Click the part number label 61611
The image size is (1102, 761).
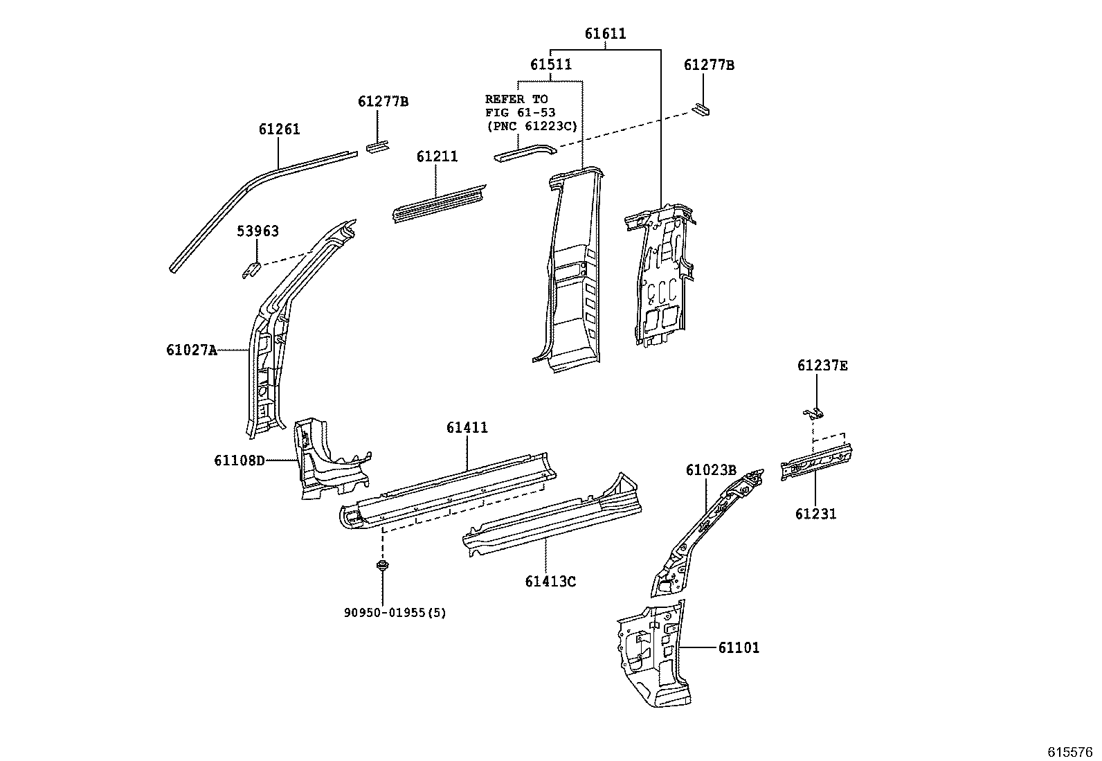pyautogui.click(x=605, y=33)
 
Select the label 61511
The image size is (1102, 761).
pyautogui.click(x=551, y=64)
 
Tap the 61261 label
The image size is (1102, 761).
pyautogui.click(x=279, y=129)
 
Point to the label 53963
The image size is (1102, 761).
pyautogui.click(x=258, y=231)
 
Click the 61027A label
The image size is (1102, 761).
pyautogui.click(x=191, y=350)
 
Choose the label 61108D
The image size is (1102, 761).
pyautogui.click(x=239, y=460)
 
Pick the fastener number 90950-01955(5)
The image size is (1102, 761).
pyautogui.click(x=395, y=613)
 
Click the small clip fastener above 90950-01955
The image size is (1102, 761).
pyautogui.click(x=381, y=568)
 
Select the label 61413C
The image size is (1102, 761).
pyautogui.click(x=550, y=582)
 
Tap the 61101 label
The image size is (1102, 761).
pyautogui.click(x=739, y=648)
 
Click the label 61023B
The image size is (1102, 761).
pyautogui.click(x=710, y=470)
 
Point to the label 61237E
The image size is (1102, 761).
pyautogui.click(x=822, y=366)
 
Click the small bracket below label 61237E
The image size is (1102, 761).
pyautogui.click(x=814, y=413)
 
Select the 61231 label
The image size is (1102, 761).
pyautogui.click(x=815, y=514)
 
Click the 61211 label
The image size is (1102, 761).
pyautogui.click(x=437, y=157)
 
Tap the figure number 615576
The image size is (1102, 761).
pyautogui.click(x=1069, y=752)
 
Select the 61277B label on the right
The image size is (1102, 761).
pyautogui.click(x=709, y=65)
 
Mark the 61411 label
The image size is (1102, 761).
pyautogui.click(x=467, y=428)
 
